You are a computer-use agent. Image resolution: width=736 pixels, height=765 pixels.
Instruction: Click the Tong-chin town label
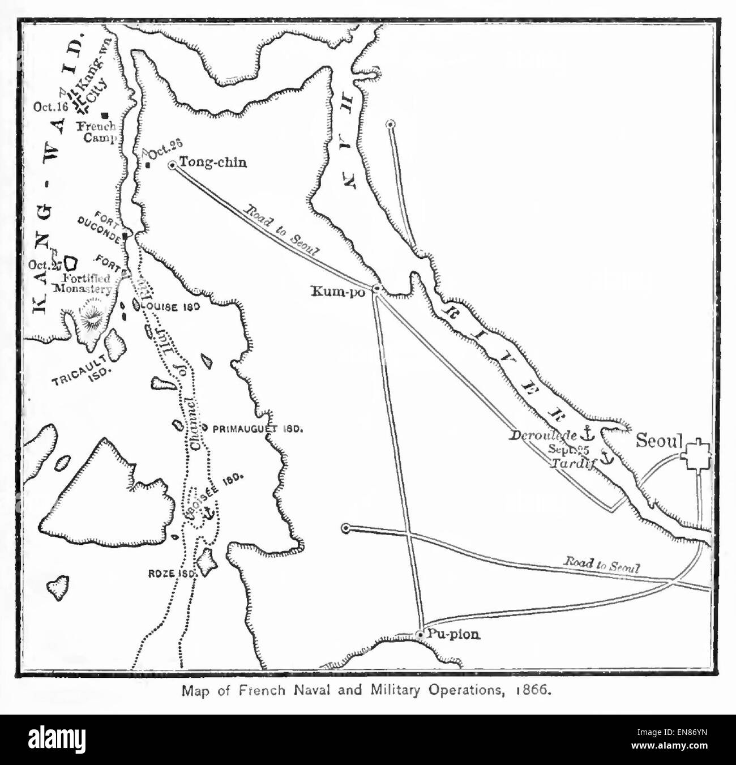click(x=213, y=163)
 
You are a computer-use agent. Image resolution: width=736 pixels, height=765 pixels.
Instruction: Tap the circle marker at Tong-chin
click(x=173, y=165)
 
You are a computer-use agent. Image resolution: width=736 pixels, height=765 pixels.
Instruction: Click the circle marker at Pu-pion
click(x=420, y=635)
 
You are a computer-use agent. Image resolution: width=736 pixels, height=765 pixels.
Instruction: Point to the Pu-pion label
click(x=453, y=634)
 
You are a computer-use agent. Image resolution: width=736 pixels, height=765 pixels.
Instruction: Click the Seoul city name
click(x=660, y=440)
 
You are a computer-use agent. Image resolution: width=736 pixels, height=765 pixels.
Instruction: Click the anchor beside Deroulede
click(x=588, y=434)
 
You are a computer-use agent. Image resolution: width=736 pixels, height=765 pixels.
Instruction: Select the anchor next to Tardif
click(x=606, y=458)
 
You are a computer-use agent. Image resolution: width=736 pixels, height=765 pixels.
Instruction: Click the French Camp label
click(x=97, y=132)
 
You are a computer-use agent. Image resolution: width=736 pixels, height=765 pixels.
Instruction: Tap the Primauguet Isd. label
click(x=258, y=429)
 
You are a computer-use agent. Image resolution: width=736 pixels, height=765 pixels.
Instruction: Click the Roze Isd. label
click(x=173, y=573)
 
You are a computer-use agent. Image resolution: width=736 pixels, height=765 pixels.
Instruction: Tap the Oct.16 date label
click(x=50, y=106)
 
